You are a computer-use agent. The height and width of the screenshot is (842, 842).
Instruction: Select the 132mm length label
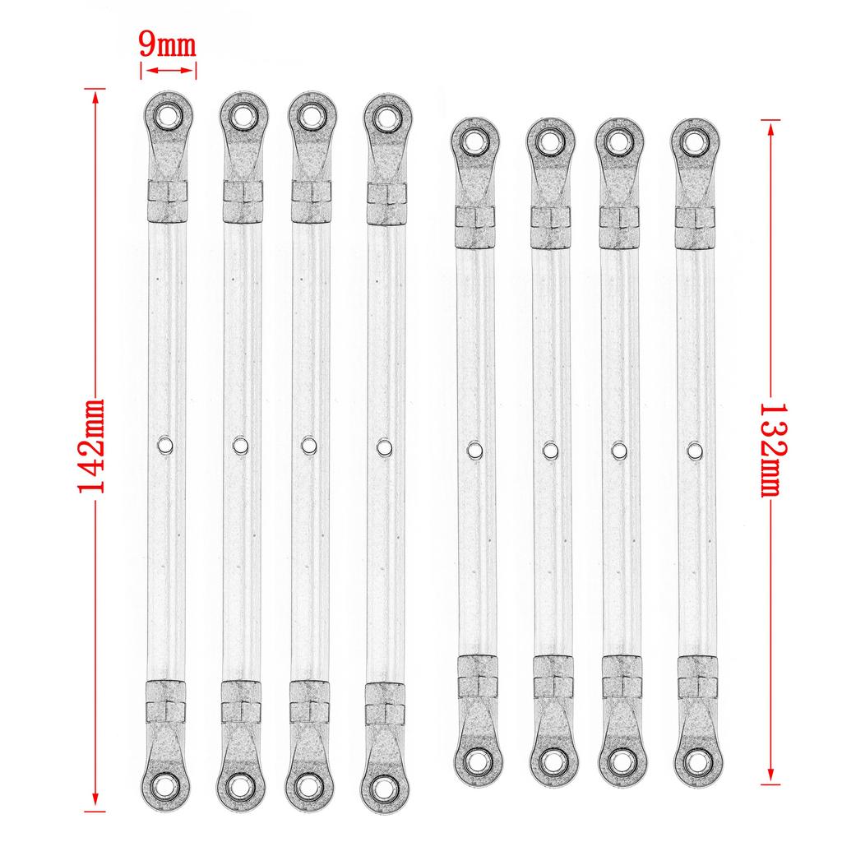tap(770, 449)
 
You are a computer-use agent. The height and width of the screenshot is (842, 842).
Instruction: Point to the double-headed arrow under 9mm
tap(169, 72)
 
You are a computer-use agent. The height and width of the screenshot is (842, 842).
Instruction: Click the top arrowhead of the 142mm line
tap(96, 95)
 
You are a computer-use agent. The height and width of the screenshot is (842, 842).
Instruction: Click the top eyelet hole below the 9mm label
tap(168, 114)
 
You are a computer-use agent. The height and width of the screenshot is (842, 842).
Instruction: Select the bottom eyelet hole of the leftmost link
tap(168, 784)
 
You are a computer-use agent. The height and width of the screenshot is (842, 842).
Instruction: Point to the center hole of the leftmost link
tap(164, 445)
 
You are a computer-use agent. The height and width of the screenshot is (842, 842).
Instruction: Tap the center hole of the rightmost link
tap(695, 450)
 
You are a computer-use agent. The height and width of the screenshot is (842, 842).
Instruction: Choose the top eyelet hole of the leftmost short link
tap(474, 141)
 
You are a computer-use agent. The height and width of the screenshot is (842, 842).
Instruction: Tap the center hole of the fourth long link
tap(384, 446)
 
